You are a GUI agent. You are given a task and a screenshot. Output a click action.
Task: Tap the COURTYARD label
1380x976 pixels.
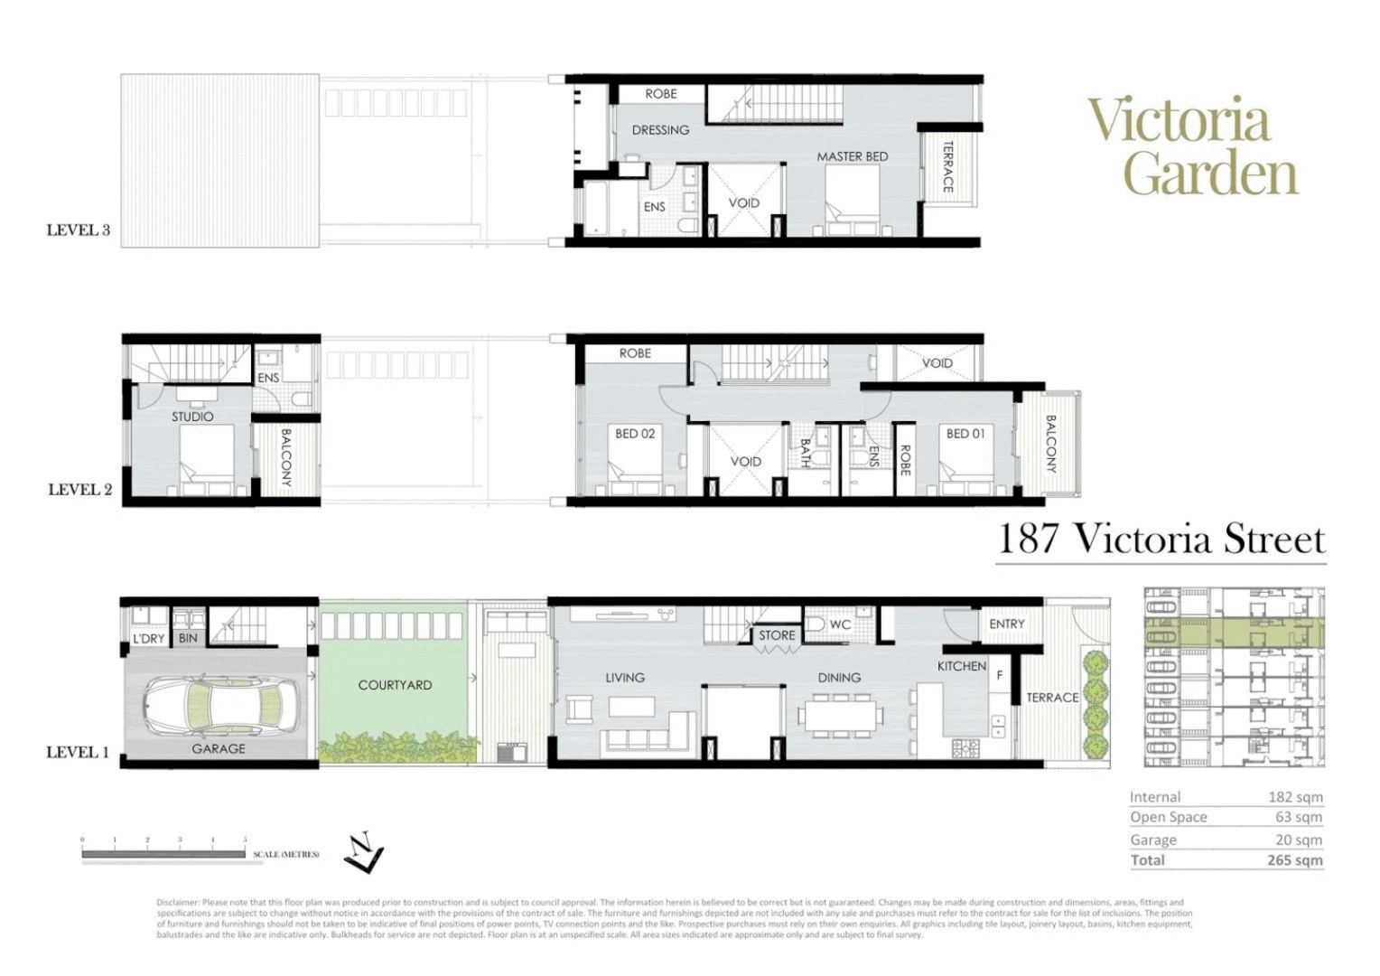click(x=395, y=685)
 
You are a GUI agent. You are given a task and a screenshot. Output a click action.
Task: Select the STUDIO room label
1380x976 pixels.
click(x=192, y=417)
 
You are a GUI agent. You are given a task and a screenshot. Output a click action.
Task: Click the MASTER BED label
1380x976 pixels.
click(x=852, y=156)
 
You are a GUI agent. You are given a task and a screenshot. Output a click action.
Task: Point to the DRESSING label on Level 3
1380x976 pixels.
click(x=660, y=130)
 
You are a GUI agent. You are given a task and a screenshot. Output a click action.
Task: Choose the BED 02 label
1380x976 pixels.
click(x=635, y=434)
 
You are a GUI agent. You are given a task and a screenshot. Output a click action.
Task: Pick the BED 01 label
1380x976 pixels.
click(x=965, y=434)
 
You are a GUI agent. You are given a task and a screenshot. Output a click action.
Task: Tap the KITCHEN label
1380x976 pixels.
click(x=962, y=666)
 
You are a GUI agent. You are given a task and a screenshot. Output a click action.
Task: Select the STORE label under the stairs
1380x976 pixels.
click(x=777, y=635)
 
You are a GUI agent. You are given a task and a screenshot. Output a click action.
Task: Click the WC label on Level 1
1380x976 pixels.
click(x=840, y=624)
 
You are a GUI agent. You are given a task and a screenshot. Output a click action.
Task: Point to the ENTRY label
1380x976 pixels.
click(x=1007, y=624)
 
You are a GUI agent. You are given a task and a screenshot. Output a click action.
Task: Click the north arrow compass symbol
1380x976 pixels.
click(x=364, y=853)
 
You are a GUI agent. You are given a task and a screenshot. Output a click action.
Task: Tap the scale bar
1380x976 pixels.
click(x=163, y=852)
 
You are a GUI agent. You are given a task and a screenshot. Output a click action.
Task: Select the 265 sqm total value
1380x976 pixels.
click(x=1294, y=860)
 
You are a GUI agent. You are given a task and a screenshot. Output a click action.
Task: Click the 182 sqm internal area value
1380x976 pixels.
click(x=1295, y=797)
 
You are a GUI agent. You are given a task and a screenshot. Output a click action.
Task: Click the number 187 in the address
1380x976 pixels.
click(x=1028, y=540)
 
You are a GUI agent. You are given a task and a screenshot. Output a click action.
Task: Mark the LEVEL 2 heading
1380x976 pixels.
click(x=79, y=490)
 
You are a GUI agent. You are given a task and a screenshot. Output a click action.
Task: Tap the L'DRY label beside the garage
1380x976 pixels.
click(x=148, y=638)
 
